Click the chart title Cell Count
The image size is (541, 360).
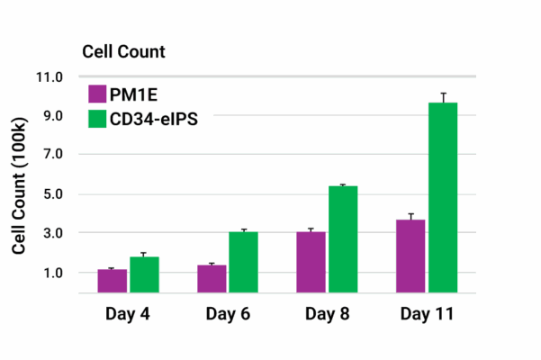[123, 51]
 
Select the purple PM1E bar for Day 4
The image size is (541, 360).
[113, 281]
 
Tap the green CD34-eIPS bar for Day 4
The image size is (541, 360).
[144, 274]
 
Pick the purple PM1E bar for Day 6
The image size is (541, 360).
[212, 279]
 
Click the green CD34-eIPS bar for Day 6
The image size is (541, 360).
[243, 262]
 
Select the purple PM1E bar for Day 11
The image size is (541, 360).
[410, 256]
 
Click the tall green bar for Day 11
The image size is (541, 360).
[443, 197]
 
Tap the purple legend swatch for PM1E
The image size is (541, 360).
[98, 94]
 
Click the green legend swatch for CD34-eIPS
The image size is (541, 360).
[98, 117]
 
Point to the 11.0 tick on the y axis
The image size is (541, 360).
[50, 77]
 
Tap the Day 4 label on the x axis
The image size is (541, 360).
[128, 314]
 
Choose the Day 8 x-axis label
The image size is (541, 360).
[327, 314]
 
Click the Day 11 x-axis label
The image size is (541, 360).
[427, 314]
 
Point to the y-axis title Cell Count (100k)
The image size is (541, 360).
[19, 185]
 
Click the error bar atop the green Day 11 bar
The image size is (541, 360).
[443, 97]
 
